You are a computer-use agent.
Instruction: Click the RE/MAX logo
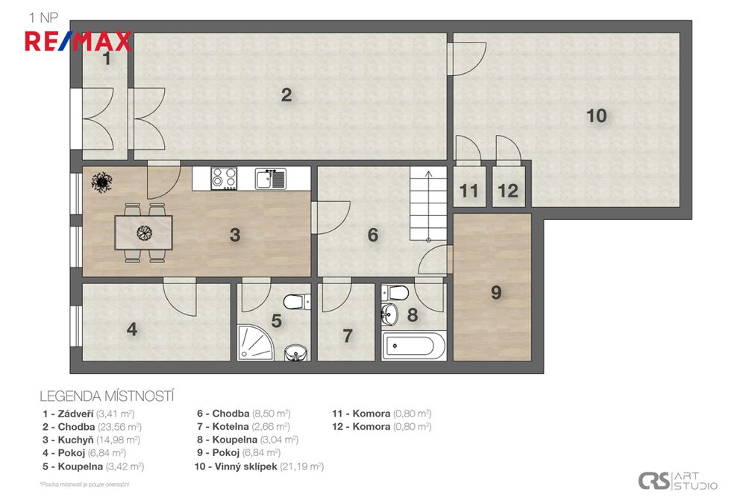(78, 41)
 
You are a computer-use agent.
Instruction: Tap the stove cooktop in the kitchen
(224, 179)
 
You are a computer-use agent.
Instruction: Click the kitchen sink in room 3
(270, 179)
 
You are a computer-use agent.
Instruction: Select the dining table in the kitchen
(143, 232)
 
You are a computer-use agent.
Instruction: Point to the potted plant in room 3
(101, 182)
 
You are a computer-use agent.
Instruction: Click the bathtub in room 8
(413, 346)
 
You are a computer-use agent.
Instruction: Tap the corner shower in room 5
(255, 343)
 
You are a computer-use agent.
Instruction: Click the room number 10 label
(596, 115)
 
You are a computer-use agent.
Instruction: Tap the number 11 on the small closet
(468, 191)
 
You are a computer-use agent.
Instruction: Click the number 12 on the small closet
(507, 191)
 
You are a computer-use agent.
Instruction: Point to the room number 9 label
(496, 292)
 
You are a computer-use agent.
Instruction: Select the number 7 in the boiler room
(348, 336)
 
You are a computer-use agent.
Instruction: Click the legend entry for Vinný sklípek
(259, 466)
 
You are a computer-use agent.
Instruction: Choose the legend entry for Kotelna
(244, 427)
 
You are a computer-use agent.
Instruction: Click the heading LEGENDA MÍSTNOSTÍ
(107, 396)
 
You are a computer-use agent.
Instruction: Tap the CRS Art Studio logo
(677, 481)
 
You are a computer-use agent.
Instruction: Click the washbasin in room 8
(389, 314)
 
